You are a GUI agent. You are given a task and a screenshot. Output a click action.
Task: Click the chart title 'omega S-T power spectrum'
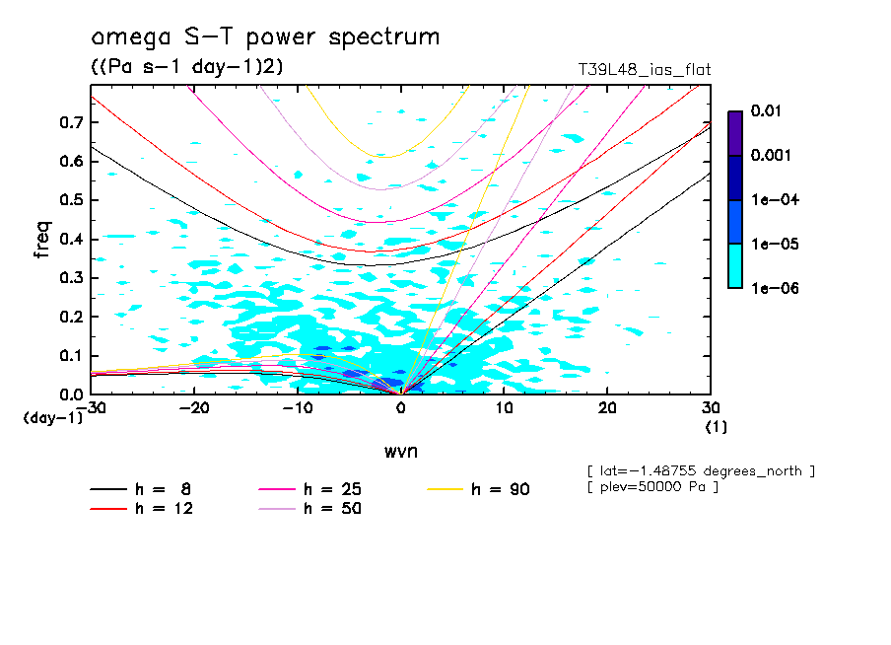[x=264, y=38]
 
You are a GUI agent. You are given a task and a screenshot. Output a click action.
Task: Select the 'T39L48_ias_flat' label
[x=644, y=70]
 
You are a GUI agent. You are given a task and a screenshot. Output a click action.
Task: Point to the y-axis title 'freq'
[x=42, y=239]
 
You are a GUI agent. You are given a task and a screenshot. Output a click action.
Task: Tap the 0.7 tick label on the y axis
[x=69, y=122]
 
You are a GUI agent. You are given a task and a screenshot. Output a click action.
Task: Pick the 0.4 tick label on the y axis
[x=69, y=239]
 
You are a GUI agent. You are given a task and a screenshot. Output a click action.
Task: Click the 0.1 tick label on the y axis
[x=69, y=356]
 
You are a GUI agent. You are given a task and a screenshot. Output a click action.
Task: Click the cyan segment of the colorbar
[x=734, y=266]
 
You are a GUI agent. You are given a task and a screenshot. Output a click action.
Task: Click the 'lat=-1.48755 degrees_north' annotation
[x=700, y=470]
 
